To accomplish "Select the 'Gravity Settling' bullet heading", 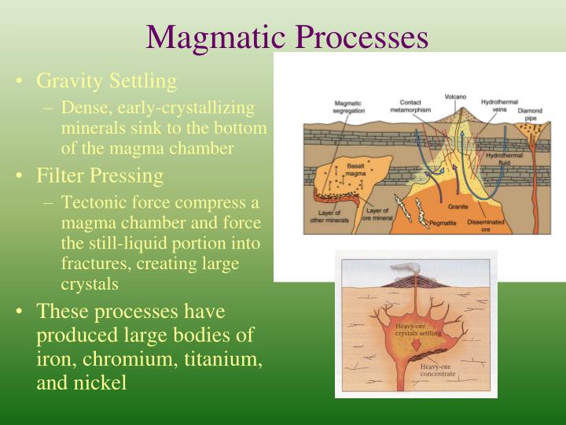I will [107, 81].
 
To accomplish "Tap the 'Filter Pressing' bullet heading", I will [100, 175].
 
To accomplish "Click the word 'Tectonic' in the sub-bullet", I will [93, 202].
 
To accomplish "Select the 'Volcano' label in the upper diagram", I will [455, 97].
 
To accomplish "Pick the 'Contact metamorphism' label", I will [410, 106].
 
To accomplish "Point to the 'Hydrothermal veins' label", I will [498, 107].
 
